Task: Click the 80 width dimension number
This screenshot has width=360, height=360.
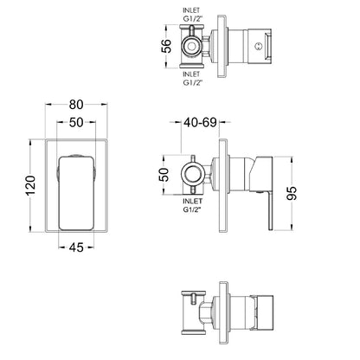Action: point(76,105)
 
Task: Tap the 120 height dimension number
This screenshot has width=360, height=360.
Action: point(31,185)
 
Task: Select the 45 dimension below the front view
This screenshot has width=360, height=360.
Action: point(76,247)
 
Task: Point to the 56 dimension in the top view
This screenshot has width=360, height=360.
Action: point(166,46)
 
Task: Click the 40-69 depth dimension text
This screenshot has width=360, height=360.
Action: point(200,122)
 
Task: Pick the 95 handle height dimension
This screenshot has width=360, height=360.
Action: point(292,193)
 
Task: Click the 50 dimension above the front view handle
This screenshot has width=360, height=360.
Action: point(76,123)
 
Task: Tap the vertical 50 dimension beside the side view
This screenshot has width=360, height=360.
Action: point(164,175)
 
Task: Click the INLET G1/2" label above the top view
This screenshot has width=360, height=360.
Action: point(192,15)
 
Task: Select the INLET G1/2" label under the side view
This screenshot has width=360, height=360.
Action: point(192,205)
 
